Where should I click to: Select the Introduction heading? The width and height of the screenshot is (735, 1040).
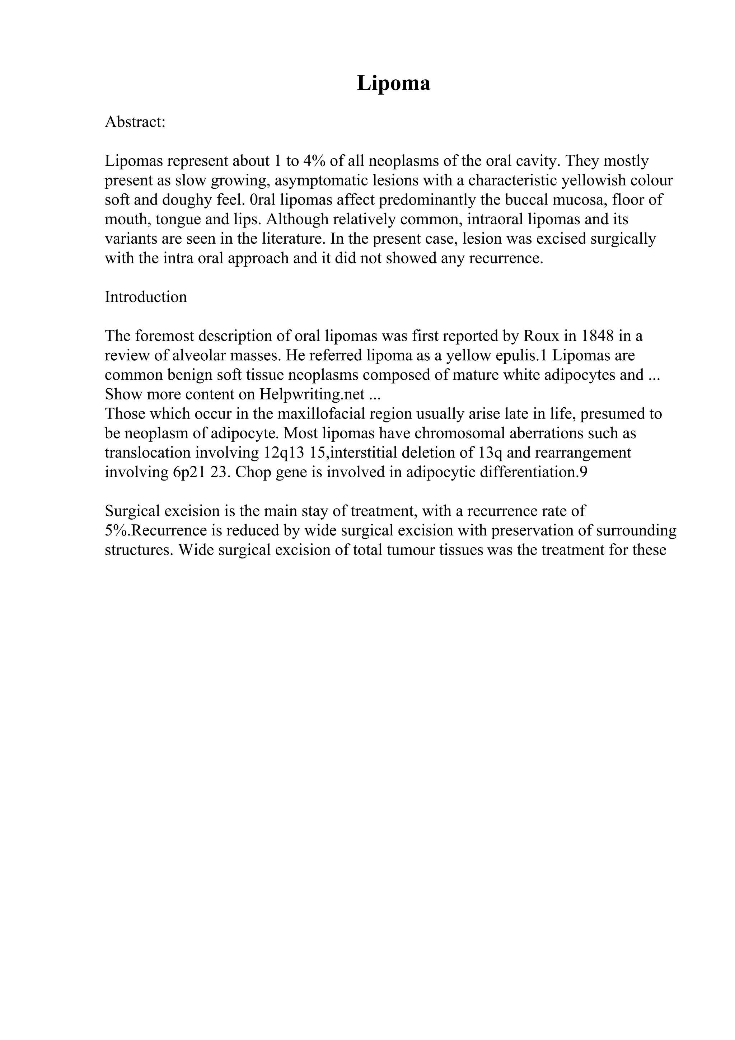(146, 297)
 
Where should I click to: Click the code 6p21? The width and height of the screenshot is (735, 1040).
(189, 472)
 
